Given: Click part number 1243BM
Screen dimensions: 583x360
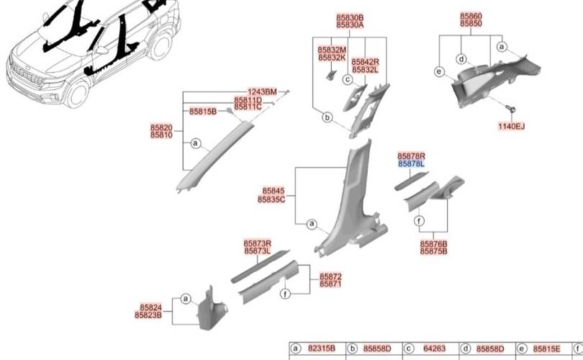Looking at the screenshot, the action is (x=262, y=91).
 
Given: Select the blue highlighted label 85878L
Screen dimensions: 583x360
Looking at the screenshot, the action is (x=411, y=163).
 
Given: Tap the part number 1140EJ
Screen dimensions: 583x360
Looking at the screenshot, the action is (x=511, y=127).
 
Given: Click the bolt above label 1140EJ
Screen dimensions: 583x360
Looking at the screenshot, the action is (x=511, y=109).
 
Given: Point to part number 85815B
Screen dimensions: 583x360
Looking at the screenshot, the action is (x=203, y=112).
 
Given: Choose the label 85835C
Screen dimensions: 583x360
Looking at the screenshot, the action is (x=271, y=199).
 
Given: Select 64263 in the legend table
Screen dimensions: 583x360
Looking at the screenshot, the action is (x=434, y=348).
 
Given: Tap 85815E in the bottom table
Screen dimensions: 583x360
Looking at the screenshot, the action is (x=546, y=348).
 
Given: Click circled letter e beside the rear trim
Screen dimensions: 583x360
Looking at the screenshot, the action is (x=440, y=71).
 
